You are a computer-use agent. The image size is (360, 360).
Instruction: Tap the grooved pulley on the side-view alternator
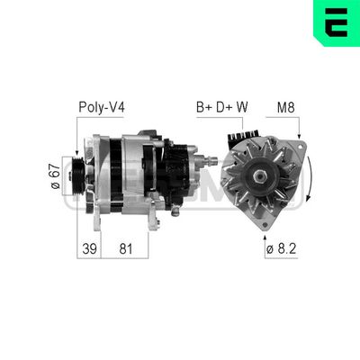[x=79, y=174]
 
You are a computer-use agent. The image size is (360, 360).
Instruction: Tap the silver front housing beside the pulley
[x=95, y=175]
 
